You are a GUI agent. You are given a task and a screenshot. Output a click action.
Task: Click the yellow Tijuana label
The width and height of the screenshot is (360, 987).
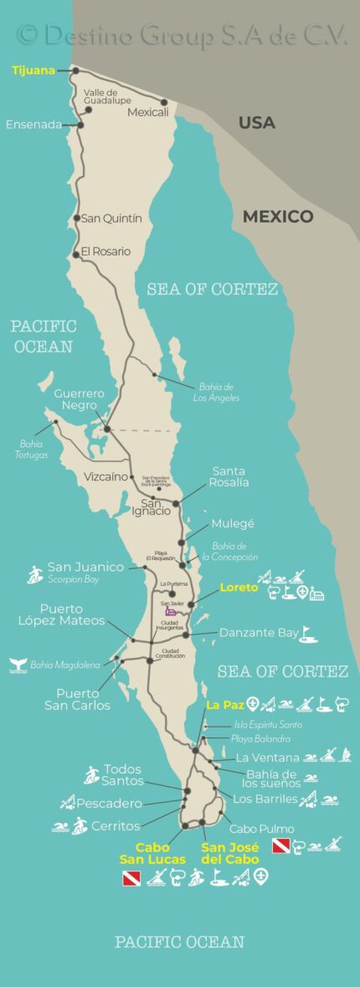point(33,71)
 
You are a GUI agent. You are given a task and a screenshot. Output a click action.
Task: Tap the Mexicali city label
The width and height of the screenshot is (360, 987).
point(147,111)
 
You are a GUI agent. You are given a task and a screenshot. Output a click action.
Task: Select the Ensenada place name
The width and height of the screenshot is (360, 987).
point(33,125)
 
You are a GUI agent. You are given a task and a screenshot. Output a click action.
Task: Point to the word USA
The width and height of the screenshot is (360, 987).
point(256,122)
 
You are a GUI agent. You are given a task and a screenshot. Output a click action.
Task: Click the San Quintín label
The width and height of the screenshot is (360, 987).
point(111,218)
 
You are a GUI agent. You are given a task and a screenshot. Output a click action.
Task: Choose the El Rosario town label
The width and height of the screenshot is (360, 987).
point(105,251)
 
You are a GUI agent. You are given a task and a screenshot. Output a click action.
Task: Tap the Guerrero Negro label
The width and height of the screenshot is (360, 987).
point(79,399)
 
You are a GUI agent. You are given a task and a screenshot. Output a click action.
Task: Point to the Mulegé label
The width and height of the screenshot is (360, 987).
point(233,523)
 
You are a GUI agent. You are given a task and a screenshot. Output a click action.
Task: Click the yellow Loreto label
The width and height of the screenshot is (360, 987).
point(239,587)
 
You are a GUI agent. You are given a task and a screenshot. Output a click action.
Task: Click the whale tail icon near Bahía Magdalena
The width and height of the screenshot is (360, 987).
point(17,665)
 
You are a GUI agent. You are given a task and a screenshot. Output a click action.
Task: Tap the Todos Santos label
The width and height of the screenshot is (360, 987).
point(122,775)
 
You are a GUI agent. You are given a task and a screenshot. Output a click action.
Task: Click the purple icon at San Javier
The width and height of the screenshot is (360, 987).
point(171,612)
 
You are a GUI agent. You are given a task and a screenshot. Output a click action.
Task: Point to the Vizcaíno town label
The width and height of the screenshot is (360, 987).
point(105,476)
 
